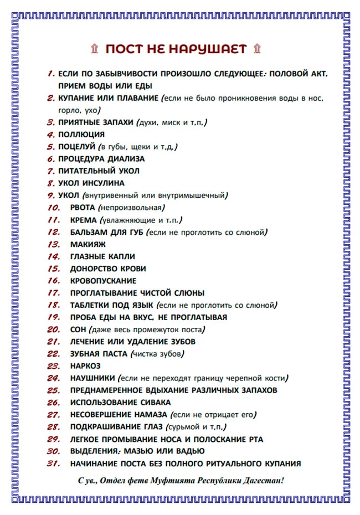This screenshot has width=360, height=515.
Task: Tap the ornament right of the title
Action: (256, 49)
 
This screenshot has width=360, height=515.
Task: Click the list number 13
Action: (54, 244)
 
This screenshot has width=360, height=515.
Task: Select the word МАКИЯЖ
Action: (88, 244)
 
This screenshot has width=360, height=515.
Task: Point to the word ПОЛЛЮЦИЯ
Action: (81, 135)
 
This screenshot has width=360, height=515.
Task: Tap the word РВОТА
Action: (83, 208)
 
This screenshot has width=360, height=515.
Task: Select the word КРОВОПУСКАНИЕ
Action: (103, 281)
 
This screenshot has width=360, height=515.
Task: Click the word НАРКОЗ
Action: (85, 366)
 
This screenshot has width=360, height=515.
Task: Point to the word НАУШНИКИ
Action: (92, 378)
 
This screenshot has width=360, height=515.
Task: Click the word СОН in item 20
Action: (79, 329)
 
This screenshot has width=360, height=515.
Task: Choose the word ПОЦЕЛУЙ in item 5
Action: (77, 147)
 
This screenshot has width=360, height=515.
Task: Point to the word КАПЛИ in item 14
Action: (121, 256)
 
